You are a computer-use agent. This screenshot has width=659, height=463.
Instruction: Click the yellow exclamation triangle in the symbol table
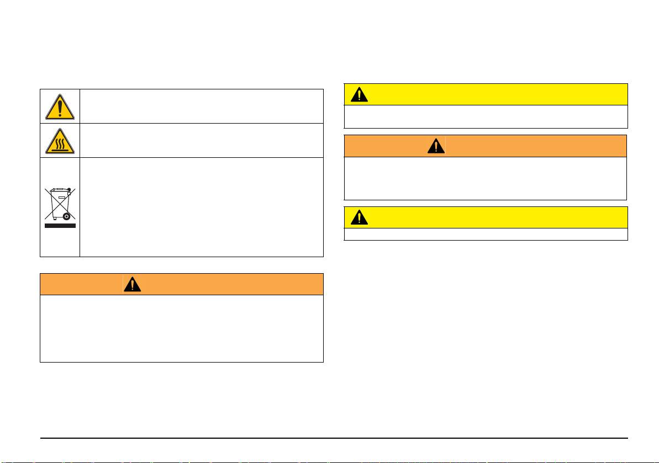60,106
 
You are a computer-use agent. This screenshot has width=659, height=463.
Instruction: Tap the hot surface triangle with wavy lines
60,141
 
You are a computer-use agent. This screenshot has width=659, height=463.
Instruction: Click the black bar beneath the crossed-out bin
60,225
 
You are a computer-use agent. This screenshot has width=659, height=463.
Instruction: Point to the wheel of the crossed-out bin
66,216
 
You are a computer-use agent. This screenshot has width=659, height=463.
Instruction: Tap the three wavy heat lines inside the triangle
60,144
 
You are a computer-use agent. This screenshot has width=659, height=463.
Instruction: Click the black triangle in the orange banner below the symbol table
133,284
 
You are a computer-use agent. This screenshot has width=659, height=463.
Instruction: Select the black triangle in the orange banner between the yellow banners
436,146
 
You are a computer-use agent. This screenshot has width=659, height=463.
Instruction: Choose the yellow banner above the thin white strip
486,217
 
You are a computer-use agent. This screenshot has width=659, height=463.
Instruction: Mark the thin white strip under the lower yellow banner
486,235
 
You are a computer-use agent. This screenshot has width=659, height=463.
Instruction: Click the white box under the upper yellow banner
486,116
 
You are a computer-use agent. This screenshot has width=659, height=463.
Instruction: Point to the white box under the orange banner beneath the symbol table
181,328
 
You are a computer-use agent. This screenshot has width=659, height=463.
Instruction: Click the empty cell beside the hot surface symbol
201,140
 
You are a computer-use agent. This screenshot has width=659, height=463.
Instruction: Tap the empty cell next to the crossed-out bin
201,207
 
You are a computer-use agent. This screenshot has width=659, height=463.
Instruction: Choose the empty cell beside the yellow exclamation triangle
201,106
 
